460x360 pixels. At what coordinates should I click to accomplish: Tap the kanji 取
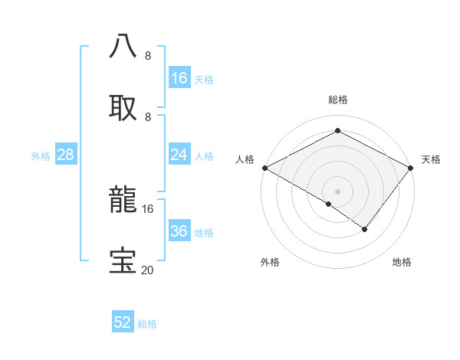click(123, 106)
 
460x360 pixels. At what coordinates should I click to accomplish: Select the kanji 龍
click(123, 199)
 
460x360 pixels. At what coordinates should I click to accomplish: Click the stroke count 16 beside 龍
click(148, 208)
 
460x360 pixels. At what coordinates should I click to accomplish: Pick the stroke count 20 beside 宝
click(148, 270)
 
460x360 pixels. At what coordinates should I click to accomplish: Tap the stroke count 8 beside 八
click(148, 55)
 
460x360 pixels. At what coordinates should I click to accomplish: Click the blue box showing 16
click(179, 78)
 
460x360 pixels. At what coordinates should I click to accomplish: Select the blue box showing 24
click(179, 155)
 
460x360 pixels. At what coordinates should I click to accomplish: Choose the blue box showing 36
click(179, 231)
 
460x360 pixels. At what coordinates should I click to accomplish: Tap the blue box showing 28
click(66, 155)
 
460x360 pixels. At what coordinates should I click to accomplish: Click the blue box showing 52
click(123, 322)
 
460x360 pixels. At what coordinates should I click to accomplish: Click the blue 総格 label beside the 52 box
click(147, 324)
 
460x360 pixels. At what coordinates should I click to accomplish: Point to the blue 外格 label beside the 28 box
click(41, 156)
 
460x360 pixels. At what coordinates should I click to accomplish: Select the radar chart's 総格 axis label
click(338, 100)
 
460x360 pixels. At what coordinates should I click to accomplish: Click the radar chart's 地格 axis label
click(402, 263)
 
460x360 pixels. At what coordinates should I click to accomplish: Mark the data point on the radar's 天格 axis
click(412, 168)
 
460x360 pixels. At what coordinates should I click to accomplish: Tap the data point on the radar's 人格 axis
click(264, 168)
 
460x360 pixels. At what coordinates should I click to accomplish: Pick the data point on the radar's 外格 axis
click(329, 204)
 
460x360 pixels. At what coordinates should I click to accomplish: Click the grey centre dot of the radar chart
click(338, 191)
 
